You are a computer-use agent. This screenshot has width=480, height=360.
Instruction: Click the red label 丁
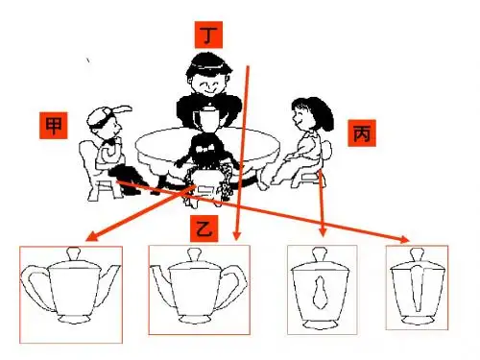pyautogui.click(x=208, y=35)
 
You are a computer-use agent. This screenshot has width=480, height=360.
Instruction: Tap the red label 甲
pyautogui.click(x=54, y=126)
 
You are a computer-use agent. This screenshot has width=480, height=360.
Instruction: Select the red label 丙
pyautogui.click(x=362, y=133)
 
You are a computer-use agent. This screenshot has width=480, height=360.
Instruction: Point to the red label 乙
pyautogui.click(x=204, y=228)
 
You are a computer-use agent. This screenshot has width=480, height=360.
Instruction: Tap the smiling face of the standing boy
pyautogui.click(x=207, y=84)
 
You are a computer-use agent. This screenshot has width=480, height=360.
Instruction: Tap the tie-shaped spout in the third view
pyautogui.click(x=320, y=292)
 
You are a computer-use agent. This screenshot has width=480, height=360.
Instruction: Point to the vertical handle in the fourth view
pyautogui.click(x=418, y=288)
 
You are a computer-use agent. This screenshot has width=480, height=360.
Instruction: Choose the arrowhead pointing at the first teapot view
pyautogui.click(x=91, y=237)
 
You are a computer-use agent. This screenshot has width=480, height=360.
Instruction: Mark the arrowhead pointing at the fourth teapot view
pyautogui.click(x=405, y=239)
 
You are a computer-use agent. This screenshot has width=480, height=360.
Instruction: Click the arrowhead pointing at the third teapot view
pyautogui.click(x=323, y=232)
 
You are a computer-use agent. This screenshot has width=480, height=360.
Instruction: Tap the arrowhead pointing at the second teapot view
pyautogui.click(x=236, y=235)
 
